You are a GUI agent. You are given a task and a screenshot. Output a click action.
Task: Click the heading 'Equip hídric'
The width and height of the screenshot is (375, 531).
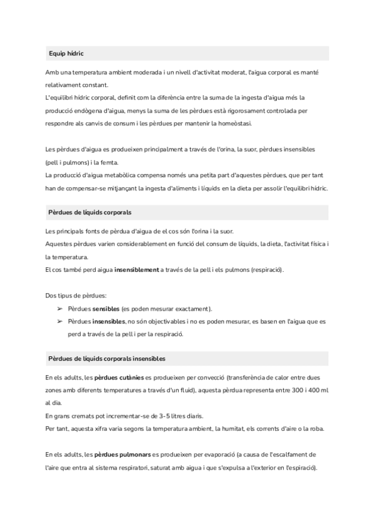[x=66, y=54]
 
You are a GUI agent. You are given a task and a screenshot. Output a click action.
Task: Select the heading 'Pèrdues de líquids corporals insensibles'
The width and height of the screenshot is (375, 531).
[x=107, y=359]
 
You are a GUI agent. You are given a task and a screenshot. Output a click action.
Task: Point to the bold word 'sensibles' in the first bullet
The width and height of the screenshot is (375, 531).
[x=106, y=309]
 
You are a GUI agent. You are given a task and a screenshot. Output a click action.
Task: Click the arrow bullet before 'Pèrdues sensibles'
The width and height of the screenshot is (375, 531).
[x=59, y=309]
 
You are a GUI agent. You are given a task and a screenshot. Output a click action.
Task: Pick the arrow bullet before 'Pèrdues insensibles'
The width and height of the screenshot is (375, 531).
[x=59, y=321]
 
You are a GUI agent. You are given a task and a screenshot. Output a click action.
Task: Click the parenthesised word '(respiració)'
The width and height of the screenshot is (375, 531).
[x=266, y=269]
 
